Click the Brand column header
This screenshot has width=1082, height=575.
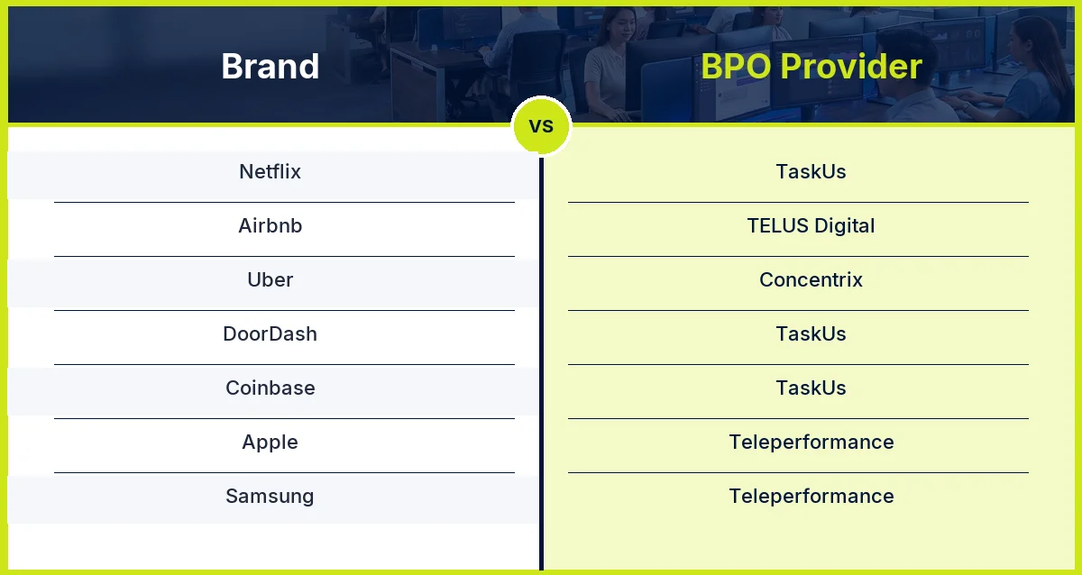(x=270, y=67)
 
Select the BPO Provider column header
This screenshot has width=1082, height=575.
(x=811, y=67)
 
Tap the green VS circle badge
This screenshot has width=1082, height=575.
(x=541, y=126)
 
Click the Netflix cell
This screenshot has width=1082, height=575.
(x=270, y=171)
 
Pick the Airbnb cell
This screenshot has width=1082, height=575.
(x=270, y=225)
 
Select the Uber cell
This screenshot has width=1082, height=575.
(x=270, y=279)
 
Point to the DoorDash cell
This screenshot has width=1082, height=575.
(x=270, y=333)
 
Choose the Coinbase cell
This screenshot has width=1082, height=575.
(x=270, y=388)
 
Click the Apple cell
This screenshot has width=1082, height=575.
(x=270, y=442)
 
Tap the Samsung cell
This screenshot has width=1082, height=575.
(x=270, y=496)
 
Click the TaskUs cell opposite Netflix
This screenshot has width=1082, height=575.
(x=811, y=171)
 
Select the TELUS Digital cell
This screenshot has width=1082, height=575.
(x=811, y=225)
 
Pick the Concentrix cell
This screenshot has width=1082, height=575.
(x=811, y=279)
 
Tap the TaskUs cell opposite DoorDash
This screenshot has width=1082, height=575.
(x=811, y=333)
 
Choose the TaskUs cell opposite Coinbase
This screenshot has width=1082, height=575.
(x=811, y=388)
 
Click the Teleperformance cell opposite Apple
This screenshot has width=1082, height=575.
(x=811, y=442)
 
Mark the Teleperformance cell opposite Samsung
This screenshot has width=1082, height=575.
(x=811, y=496)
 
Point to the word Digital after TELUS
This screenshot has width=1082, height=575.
(x=844, y=226)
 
